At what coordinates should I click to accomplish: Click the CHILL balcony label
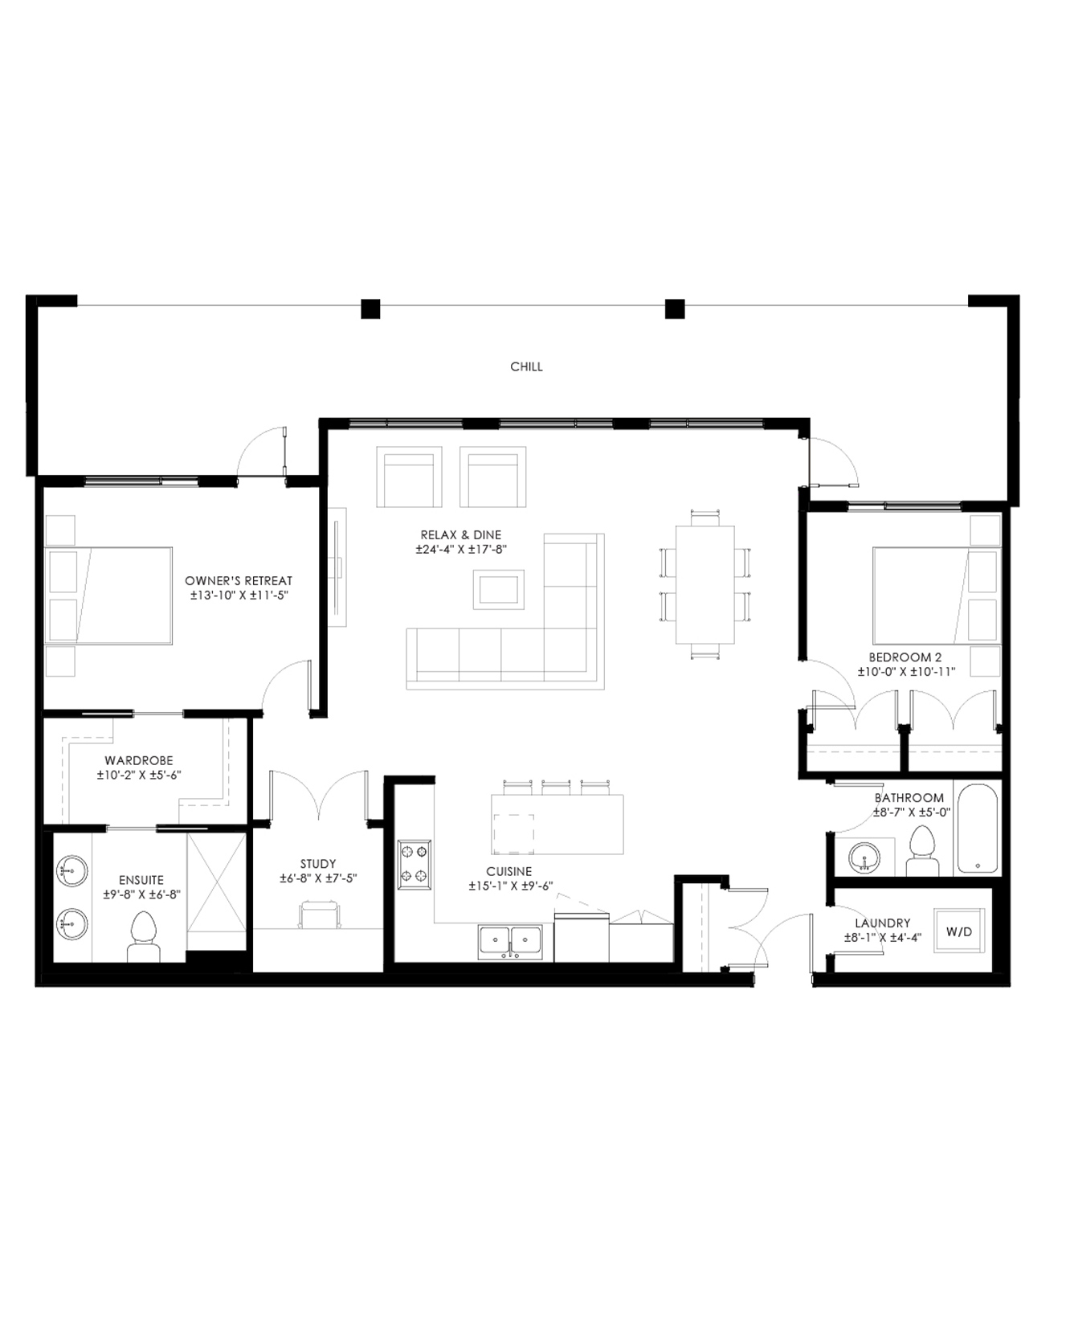526,366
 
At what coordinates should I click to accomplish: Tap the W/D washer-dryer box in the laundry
958,931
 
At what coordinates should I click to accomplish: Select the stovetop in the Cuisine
415,864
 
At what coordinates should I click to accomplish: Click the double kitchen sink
510,942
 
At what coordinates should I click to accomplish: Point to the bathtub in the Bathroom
978,828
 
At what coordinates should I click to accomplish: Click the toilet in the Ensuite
144,936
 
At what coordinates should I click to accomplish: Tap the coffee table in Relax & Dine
499,589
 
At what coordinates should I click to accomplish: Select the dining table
705,584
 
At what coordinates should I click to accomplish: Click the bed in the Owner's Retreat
109,595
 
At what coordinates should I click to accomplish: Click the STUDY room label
318,864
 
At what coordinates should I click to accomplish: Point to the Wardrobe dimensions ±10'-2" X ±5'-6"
139,776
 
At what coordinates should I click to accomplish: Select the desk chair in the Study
319,915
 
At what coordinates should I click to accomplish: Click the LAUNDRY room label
883,923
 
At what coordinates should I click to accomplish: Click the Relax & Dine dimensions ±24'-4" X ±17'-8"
461,550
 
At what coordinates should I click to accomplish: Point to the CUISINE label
509,871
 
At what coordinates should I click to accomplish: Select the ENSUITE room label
141,880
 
